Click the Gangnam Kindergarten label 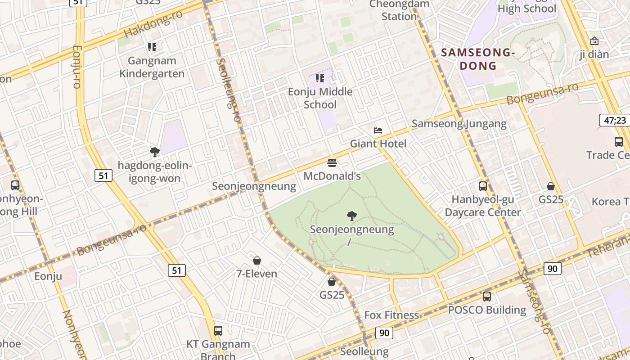[152, 67]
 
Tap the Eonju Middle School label [320, 98]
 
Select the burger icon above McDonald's [332, 163]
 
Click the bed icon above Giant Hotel [378, 130]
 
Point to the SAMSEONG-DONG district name [478, 59]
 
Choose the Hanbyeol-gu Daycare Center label [482, 206]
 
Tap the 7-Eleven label [256, 274]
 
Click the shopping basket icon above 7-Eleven [257, 261]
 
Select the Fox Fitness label [391, 315]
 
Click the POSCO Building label [487, 310]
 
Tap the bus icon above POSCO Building [486, 297]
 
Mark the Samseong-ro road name [534, 301]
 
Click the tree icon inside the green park [352, 216]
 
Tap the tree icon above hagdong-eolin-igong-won [154, 152]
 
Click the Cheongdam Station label [399, 10]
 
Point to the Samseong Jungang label [459, 124]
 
